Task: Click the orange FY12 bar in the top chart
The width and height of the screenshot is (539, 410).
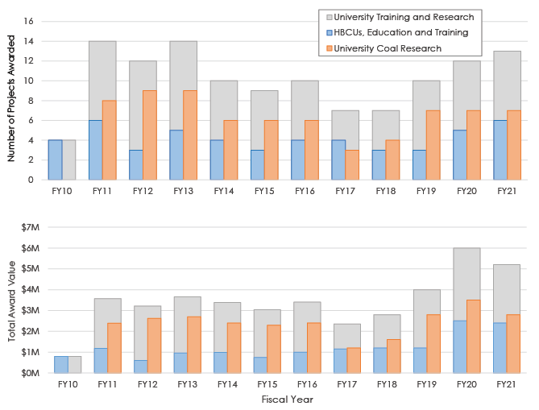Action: pos(150,135)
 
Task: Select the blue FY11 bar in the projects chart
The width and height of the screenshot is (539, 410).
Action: pos(95,150)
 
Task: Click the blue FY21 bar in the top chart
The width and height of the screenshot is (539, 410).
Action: pos(500,150)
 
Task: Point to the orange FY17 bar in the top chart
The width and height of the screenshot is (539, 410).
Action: pos(352,164)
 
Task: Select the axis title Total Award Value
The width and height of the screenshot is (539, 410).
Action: pos(11,300)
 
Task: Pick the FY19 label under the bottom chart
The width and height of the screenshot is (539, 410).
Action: pos(426,385)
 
